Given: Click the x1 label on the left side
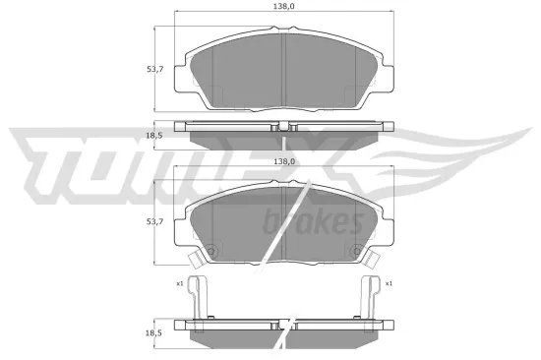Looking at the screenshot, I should [x=180, y=283].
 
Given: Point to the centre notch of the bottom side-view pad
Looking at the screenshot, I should [x=283, y=325].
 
